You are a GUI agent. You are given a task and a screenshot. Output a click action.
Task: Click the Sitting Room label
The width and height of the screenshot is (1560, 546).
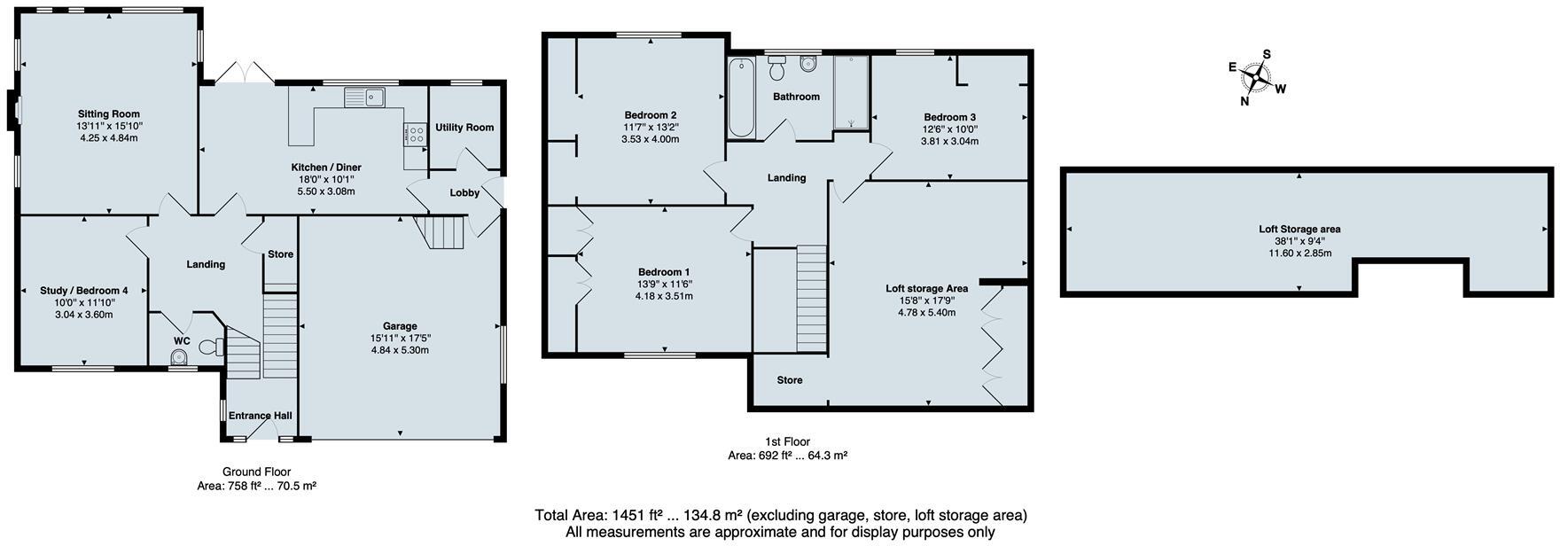tap(108, 114)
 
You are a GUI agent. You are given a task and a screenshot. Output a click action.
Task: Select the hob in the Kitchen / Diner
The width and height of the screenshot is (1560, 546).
tap(414, 135)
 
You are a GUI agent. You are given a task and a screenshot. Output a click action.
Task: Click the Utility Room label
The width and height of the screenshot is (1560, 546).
tap(464, 128)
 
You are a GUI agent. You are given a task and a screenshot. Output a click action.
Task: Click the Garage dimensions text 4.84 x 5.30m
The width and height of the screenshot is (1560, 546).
tap(400, 350)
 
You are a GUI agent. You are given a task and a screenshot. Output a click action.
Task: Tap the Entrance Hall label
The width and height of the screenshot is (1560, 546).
tap(260, 416)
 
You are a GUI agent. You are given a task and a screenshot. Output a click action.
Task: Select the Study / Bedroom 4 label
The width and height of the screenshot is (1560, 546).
tap(84, 291)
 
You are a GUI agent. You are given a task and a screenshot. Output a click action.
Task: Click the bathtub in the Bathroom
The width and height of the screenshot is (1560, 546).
tap(741, 99)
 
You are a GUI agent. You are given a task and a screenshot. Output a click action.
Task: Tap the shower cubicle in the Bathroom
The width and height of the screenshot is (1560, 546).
tap(852, 93)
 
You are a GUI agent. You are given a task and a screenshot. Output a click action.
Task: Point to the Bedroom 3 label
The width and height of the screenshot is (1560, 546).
tap(949, 117)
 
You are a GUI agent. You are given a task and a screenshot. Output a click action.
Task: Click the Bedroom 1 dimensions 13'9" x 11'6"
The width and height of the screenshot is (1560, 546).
tap(664, 285)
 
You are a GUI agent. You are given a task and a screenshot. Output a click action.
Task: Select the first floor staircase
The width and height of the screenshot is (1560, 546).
tap(811, 300)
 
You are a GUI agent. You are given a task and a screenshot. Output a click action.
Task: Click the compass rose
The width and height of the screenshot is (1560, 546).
tap(1257, 78)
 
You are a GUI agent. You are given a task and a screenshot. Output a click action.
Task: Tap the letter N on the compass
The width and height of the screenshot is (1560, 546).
tap(1244, 101)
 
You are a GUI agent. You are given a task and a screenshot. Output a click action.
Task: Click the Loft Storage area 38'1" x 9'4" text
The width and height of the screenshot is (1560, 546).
tap(1299, 241)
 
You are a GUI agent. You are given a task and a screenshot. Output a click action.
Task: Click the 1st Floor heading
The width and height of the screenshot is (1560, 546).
tap(787, 441)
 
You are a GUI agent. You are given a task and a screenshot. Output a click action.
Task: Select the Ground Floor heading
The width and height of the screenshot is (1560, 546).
tap(256, 472)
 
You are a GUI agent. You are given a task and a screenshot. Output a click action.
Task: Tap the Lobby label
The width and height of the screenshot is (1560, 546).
tap(464, 193)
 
